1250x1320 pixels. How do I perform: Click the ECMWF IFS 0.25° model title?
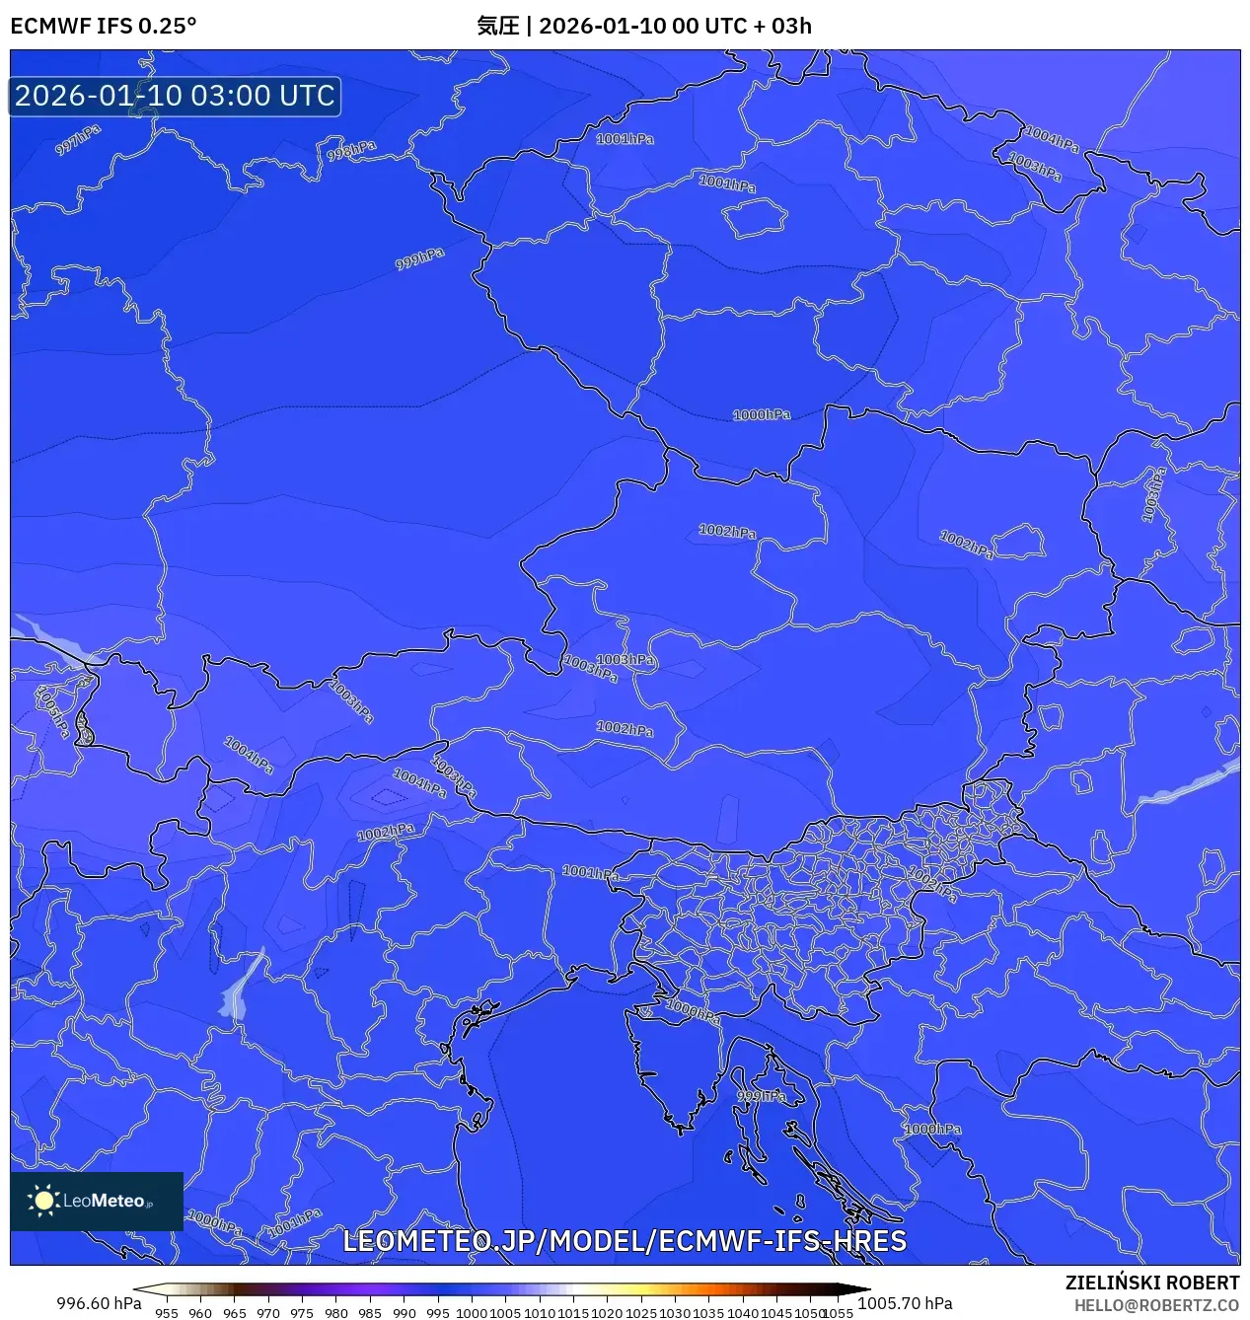104,26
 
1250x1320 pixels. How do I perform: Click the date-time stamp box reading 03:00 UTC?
175,96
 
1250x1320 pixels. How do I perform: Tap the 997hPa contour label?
77,139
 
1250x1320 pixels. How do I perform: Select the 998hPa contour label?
351,151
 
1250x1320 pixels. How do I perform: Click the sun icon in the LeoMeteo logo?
43,1200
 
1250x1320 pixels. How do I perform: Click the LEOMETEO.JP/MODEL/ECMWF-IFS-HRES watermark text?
625,1240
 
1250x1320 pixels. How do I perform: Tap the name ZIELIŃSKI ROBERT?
1151,1283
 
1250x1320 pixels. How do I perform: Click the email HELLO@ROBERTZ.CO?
1156,1305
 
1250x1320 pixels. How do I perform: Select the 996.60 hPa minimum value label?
99,1303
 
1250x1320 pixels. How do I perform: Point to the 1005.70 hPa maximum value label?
905,1303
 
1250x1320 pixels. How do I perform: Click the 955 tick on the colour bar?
167,1313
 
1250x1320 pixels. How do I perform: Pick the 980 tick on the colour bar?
336,1313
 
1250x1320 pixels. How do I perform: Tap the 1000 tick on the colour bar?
472,1313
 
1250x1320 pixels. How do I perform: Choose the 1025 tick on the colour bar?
641,1313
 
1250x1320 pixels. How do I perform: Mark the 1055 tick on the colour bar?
838,1313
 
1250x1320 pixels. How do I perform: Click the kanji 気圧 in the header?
497,26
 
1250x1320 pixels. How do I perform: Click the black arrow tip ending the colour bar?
864,1289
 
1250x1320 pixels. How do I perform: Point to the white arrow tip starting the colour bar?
139,1289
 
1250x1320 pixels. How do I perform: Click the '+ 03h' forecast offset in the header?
782,26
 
